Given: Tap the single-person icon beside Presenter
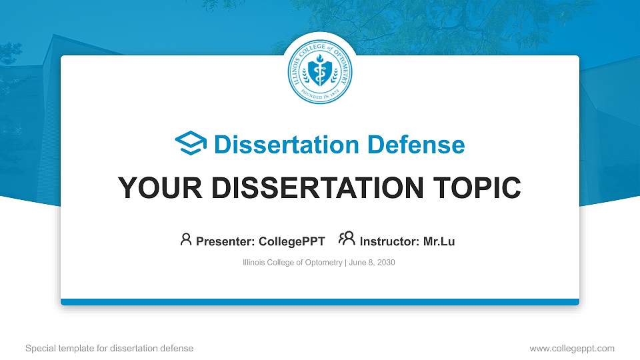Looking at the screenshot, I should click(x=186, y=239).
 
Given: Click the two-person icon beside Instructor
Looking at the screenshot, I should click(x=347, y=239).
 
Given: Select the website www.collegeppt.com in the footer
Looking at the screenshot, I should click(x=571, y=348).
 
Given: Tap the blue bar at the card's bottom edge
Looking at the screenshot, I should click(x=320, y=302).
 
